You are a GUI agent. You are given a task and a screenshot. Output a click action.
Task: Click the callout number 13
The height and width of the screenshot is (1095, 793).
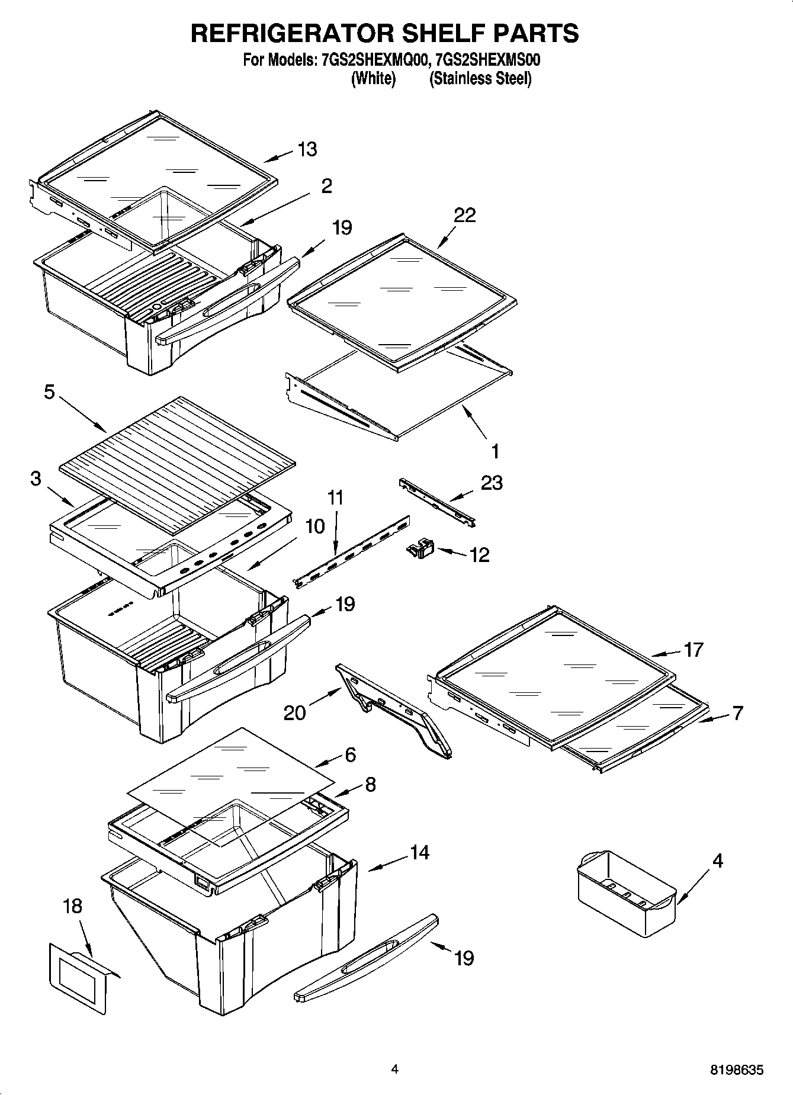(307, 149)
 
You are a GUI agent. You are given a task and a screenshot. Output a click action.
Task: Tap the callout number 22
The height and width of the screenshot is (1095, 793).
(464, 216)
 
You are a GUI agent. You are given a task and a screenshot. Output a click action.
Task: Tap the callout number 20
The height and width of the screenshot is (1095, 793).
(294, 712)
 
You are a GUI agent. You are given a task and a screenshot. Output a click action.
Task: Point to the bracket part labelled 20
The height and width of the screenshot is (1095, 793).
(394, 711)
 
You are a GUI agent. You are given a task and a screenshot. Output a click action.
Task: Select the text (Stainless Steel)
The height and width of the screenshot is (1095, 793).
(480, 79)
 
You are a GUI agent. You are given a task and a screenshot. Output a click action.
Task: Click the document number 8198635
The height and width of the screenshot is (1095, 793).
(737, 1070)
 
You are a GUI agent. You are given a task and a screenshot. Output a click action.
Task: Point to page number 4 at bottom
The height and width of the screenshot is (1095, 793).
(394, 1069)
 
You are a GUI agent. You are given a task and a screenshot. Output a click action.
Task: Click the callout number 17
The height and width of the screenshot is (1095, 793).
(692, 650)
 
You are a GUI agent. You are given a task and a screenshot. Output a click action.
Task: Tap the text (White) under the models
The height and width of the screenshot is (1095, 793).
(373, 79)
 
